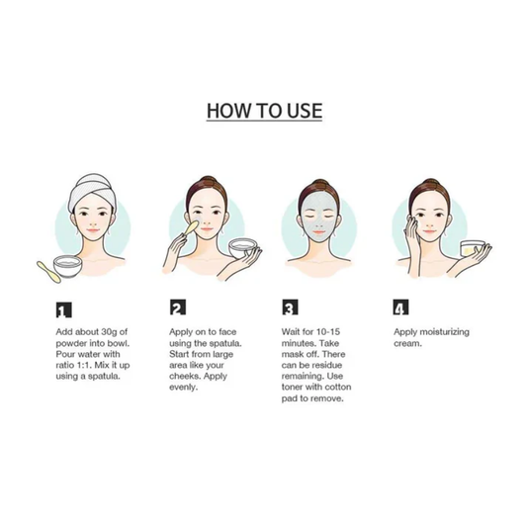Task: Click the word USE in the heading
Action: [305, 111]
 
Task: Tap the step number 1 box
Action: [63, 309]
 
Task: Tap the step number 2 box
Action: [177, 307]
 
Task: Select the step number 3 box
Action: [290, 307]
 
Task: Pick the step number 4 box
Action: [400, 307]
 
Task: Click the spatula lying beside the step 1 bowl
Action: [48, 272]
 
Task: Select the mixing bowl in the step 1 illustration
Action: [68, 267]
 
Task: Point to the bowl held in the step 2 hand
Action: [242, 249]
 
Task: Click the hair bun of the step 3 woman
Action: [320, 184]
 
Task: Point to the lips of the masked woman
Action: [318, 232]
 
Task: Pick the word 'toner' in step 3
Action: [292, 388]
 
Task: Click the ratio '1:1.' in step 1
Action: [82, 365]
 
